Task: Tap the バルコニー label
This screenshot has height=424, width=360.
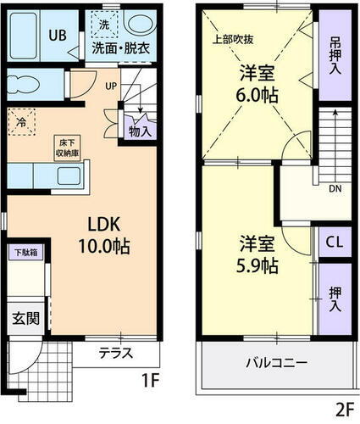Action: tap(277, 362)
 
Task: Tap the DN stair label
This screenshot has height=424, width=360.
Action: tap(335, 188)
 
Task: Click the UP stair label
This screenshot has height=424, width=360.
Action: tap(112, 86)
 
